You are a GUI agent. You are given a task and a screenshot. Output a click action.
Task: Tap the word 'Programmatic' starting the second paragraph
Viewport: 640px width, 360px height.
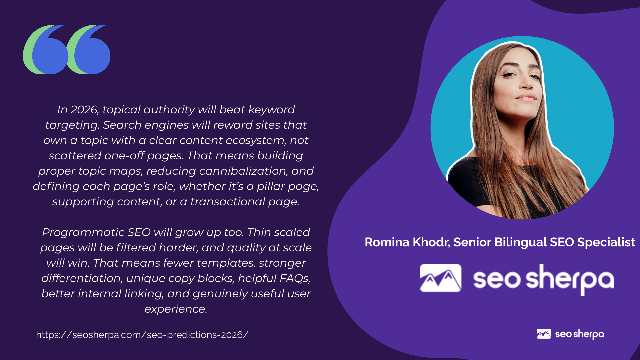[83, 233]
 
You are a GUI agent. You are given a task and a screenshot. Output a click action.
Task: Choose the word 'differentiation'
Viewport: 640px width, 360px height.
[82, 278]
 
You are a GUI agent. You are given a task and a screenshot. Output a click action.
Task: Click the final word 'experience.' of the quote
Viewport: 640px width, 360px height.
[176, 309]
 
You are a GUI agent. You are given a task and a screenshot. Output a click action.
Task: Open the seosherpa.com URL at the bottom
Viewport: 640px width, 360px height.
[142, 335]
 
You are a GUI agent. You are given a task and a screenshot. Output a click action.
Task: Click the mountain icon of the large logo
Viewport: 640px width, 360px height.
[440, 278]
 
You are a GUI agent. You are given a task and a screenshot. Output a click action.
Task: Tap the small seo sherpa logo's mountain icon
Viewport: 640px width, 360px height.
[544, 334]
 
